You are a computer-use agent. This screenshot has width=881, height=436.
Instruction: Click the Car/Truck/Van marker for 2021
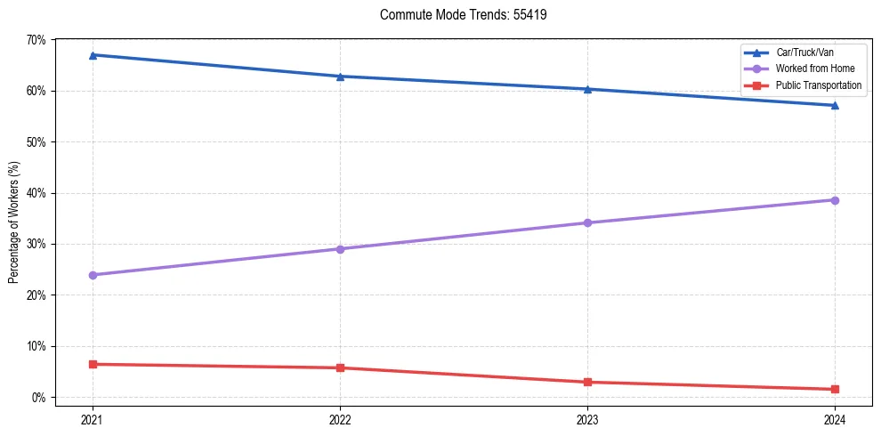tap(93, 55)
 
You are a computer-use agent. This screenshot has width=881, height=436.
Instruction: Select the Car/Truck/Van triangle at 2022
tap(340, 77)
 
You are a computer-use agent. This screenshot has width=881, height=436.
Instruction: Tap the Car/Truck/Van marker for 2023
tap(587, 89)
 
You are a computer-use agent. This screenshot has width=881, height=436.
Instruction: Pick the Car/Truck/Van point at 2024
tap(835, 106)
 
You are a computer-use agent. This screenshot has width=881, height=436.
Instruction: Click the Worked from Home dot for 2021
tap(93, 275)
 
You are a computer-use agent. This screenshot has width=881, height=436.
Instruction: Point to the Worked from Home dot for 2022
tap(340, 249)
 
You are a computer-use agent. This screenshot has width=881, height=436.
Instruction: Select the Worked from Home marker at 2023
tap(587, 222)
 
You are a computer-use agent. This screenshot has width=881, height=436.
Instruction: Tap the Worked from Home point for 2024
tap(835, 200)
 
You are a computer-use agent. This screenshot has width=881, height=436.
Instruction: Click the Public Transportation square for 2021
tap(93, 364)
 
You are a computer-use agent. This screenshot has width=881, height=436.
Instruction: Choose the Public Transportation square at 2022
tap(340, 367)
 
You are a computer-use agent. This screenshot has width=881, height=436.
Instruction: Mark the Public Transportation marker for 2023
tap(587, 383)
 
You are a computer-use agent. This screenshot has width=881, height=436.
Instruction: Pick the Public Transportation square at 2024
tap(835, 389)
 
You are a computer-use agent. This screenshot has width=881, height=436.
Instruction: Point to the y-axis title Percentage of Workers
tap(13, 222)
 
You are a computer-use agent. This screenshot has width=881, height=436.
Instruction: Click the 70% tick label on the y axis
tap(36, 40)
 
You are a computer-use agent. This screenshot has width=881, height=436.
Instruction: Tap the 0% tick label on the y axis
tap(39, 397)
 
